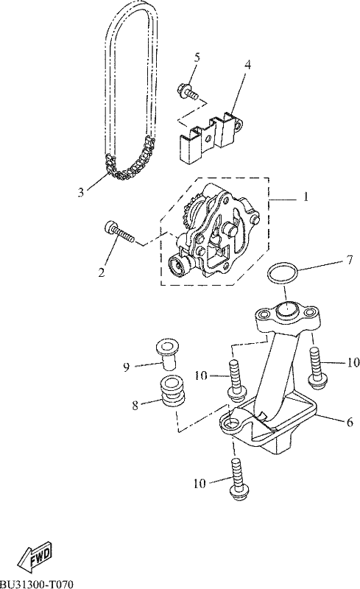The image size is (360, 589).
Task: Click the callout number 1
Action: coord(306,197)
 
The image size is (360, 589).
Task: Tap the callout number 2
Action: coord(102,272)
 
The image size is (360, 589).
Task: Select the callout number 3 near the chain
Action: coord(81,192)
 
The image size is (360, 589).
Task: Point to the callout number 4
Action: coord(247,64)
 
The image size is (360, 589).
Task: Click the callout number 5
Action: coord(197,57)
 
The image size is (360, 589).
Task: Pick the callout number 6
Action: coord(350,422)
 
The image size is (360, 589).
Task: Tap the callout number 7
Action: coord(350,260)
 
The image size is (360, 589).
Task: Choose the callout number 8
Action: coord(135,405)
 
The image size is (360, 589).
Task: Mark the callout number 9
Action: coord(127,367)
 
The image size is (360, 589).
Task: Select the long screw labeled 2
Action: coord(118,233)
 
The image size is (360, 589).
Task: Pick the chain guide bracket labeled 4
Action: coord(211,137)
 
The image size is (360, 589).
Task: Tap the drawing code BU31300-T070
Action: coord(37,584)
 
